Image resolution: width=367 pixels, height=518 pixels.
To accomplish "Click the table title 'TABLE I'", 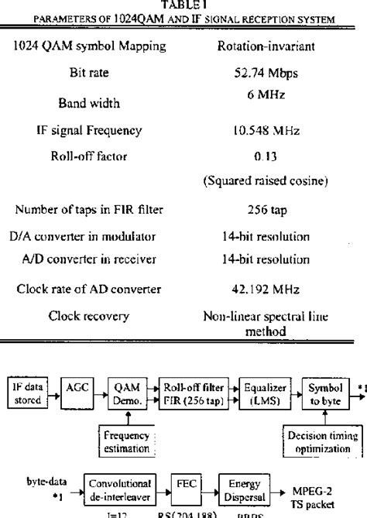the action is [183, 4].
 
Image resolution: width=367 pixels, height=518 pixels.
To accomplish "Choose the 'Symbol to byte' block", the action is [319, 388].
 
